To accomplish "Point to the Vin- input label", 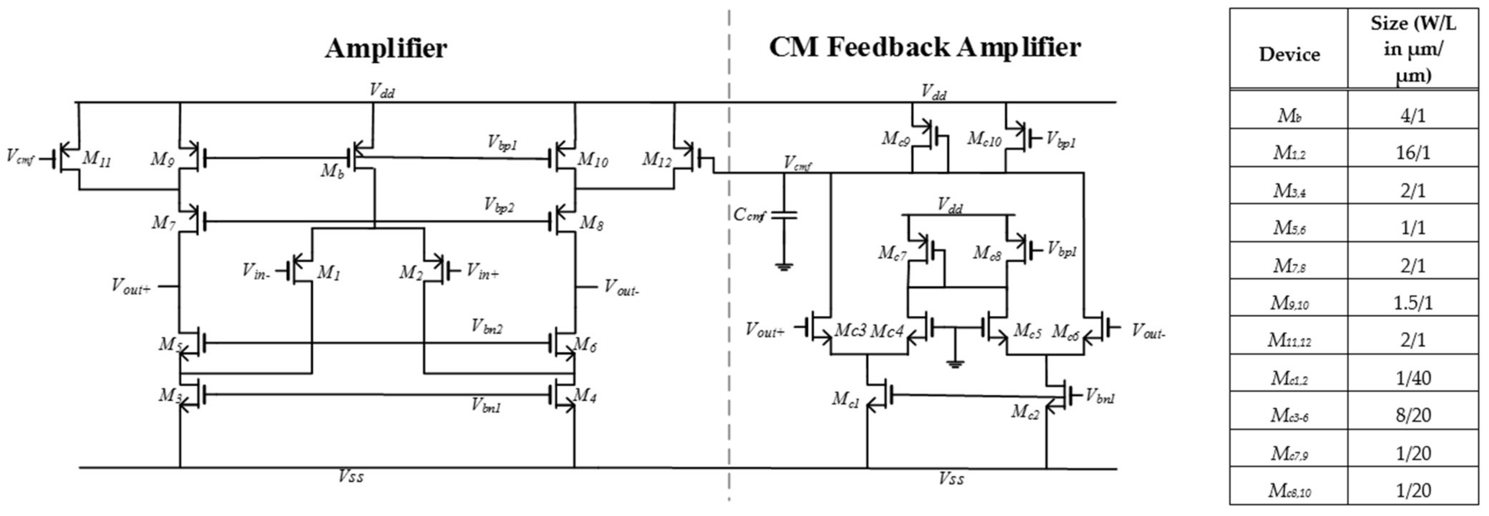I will point(255,271).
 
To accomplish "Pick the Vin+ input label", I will point(482,271).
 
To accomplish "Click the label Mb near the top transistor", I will point(332,170).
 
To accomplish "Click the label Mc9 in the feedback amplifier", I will point(895,139).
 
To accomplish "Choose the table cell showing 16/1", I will point(1412,153).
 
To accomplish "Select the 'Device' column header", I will point(1289,54).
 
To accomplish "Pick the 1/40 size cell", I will point(1412,378).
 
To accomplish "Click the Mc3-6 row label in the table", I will point(1289,415).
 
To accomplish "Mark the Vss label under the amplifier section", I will point(351,477).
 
